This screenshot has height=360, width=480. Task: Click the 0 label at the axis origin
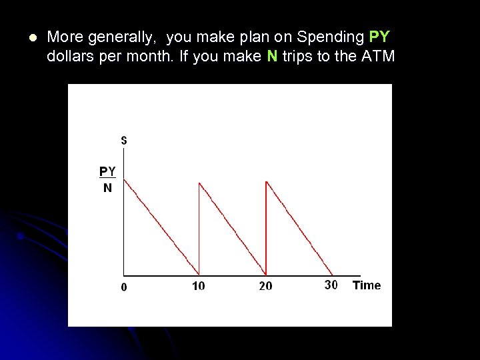pos(124,287)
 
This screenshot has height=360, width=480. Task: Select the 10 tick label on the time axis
pos(199,286)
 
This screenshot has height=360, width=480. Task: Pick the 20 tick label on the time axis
pos(265,286)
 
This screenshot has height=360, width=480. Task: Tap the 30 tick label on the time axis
pos(331,285)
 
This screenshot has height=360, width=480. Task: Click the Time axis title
pos(367,285)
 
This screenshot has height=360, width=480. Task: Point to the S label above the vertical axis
pos(124,141)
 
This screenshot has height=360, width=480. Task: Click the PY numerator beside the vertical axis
pos(108,171)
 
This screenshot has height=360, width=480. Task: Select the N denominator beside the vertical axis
pos(107,187)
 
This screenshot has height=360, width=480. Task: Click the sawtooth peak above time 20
pos(266,181)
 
